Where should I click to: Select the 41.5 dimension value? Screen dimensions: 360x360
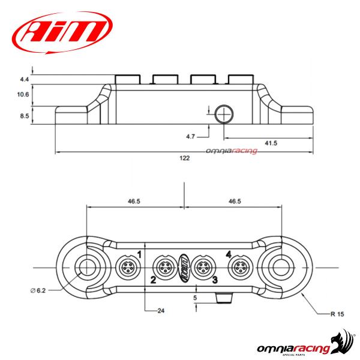click(x=270, y=142)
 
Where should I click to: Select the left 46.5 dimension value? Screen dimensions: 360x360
click(x=134, y=202)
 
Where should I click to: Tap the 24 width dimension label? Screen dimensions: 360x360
click(x=160, y=311)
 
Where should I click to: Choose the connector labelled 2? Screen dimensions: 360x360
click(x=164, y=266)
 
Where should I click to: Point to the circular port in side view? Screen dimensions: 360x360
click(x=225, y=112)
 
